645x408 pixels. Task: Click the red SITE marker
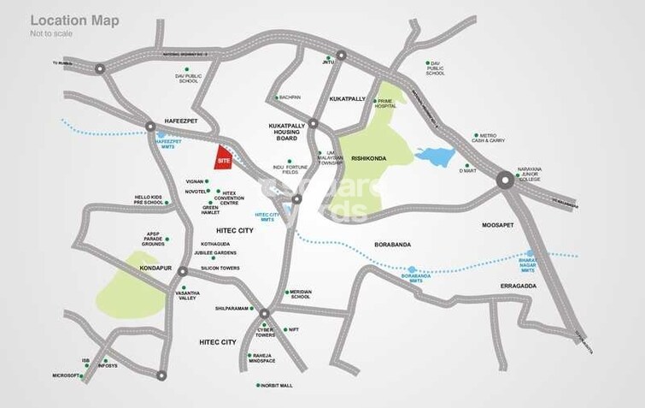(222, 158)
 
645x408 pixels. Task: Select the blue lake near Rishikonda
(435, 156)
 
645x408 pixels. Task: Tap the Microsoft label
(65, 375)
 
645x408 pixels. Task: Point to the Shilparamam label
(231, 308)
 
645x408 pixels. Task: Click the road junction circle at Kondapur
(181, 271)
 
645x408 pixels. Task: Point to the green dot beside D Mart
(466, 166)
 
